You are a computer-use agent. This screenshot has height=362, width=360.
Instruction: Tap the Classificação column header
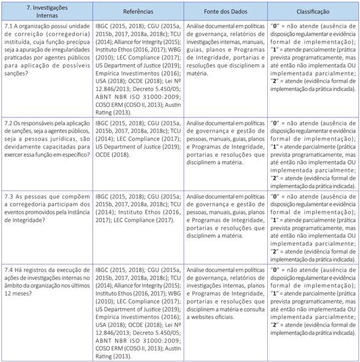[x=313, y=11]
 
